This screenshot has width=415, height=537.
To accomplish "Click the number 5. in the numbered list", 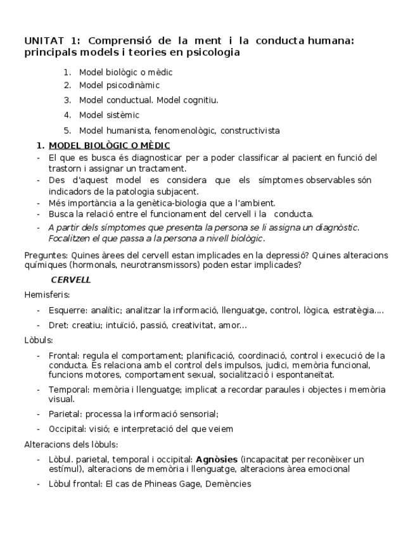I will pyautogui.click(x=67, y=130).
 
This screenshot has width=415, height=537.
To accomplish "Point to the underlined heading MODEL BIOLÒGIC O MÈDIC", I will pyautogui.click(x=109, y=146).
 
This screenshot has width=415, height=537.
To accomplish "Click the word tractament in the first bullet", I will pyautogui.click(x=165, y=168).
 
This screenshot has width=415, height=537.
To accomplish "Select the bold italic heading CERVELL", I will pyautogui.click(x=71, y=279).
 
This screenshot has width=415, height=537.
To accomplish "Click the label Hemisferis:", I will pyautogui.click(x=47, y=294).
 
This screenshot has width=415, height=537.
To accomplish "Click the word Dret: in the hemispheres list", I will pyautogui.click(x=59, y=325).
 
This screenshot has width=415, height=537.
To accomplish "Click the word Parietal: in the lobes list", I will pyautogui.click(x=65, y=414).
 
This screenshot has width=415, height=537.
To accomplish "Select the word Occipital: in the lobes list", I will pyautogui.click(x=68, y=429).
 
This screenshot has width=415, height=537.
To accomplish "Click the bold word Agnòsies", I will pyautogui.click(x=217, y=458).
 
